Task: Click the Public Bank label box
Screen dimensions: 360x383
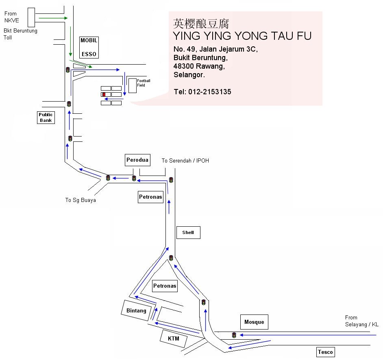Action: coord(46,117)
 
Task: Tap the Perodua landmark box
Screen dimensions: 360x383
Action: coord(137,160)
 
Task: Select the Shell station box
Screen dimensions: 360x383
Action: coord(188,232)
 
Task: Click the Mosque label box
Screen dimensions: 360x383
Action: coord(254,322)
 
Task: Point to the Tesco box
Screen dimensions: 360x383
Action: coord(325,352)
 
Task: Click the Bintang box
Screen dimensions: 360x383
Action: coord(136,310)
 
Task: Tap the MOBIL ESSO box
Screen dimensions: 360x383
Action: coord(89,47)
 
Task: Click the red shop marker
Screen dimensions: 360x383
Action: coord(104,94)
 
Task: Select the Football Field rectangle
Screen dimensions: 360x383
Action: coord(133,85)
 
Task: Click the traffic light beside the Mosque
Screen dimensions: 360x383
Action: coord(234,335)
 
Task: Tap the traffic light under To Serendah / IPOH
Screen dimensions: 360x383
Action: coord(171,180)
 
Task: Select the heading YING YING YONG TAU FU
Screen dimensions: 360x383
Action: coord(242,36)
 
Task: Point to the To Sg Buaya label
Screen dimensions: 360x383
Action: coord(81,200)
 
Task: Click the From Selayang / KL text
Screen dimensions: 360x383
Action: coord(361,321)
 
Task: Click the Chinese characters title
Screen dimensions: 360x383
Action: coord(201,23)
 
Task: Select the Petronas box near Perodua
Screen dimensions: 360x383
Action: coord(150,197)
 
